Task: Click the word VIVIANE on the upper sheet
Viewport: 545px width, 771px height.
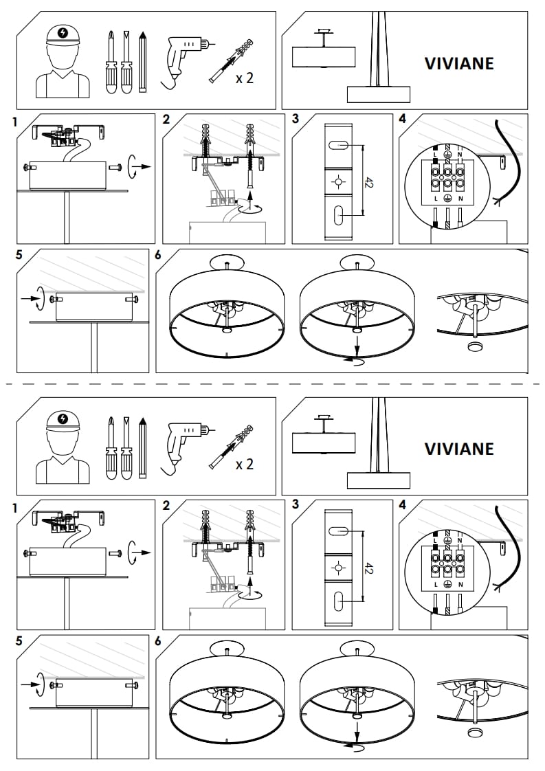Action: pos(459,63)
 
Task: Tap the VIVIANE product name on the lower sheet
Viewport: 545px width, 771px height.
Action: pos(459,449)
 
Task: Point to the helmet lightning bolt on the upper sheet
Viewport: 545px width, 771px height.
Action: pos(64,32)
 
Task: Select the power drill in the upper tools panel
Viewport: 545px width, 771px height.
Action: pos(183,56)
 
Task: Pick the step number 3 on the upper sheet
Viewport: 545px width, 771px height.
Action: pos(296,119)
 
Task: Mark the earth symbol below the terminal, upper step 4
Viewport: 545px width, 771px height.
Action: pos(447,198)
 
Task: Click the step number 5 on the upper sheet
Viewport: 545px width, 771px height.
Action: pos(19,254)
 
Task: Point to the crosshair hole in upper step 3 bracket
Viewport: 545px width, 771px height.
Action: pos(337,181)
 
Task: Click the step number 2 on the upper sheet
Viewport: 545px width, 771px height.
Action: pos(166,119)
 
